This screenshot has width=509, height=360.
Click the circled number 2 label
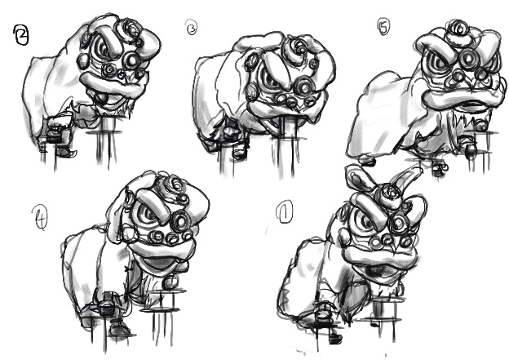pos(21,35)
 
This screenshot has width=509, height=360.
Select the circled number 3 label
pos(192,28)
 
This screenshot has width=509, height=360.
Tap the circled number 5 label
pos(383,27)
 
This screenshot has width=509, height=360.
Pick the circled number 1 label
pos(285,212)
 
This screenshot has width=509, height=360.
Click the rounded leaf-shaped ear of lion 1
pos(358,178)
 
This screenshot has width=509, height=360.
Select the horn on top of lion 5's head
pos(458,29)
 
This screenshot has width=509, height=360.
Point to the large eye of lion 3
pos(269,79)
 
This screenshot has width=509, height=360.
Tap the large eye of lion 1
pos(363,221)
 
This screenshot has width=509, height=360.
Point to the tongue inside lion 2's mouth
pos(102,97)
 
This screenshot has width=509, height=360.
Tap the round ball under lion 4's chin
pos(170,282)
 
